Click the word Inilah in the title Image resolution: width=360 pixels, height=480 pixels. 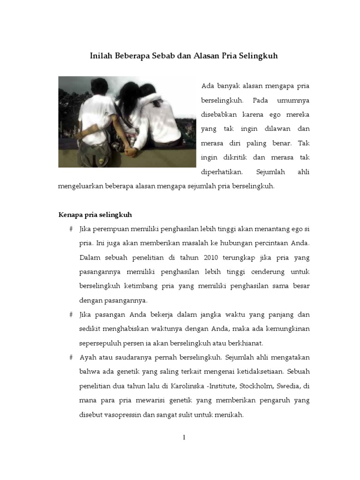tap(100, 56)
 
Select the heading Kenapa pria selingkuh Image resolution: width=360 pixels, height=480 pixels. tap(95, 215)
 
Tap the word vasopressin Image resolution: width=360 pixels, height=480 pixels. tap(126, 415)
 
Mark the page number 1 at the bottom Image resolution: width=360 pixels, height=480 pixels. tap(184, 438)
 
